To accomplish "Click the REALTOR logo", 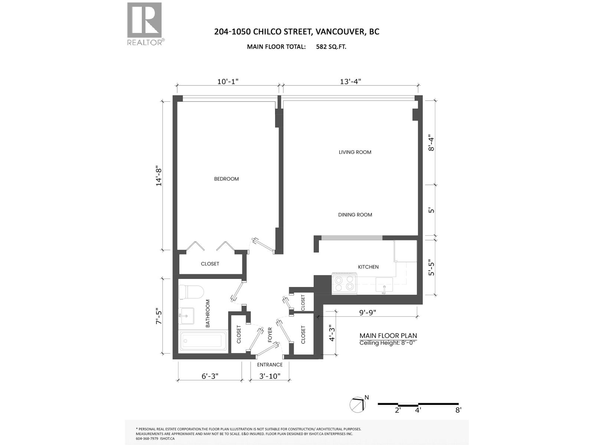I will point(144,24).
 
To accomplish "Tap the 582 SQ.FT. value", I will point(331,47).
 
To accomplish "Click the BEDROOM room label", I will point(226,179).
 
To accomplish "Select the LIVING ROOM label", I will point(355,152).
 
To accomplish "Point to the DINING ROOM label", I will point(355,215).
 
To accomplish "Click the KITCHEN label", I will point(368,267).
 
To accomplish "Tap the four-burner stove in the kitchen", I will point(344,283).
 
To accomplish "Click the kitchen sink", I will point(384,285).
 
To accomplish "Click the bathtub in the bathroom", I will point(203,341).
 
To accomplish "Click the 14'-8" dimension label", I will point(159,175).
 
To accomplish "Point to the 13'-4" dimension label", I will point(350,81).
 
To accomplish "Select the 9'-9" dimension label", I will point(367,313).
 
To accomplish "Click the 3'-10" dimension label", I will point(270,376).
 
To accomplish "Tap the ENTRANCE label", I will point(270,365).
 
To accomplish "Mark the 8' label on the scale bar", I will point(458,410).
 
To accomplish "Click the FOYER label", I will point(270,334).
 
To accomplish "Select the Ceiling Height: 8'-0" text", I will point(388,343).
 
